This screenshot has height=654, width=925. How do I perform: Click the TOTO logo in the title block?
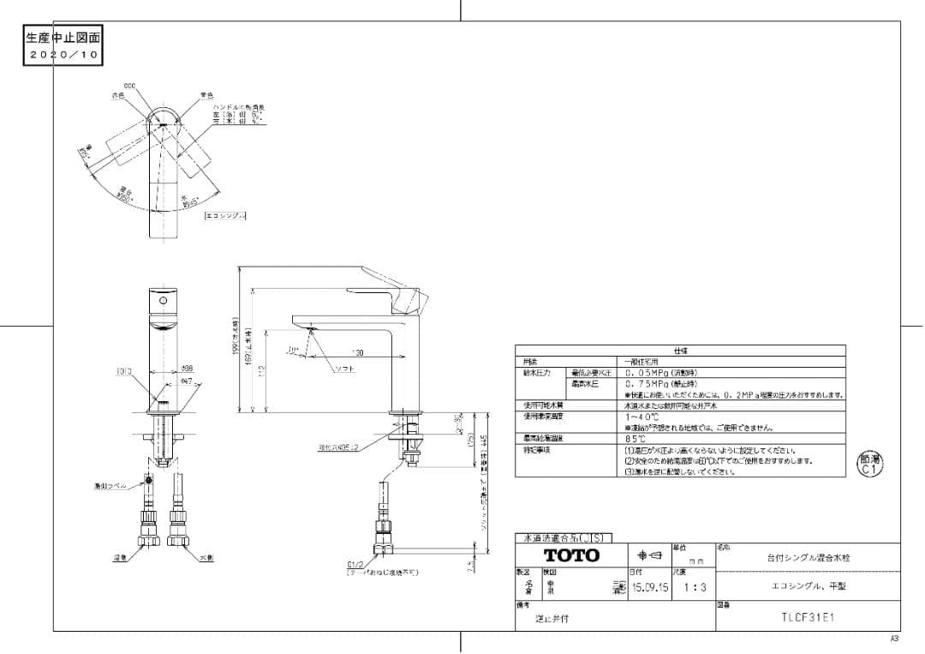point(571,555)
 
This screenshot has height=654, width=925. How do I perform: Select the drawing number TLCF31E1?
point(809,616)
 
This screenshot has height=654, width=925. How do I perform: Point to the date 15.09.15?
point(649,588)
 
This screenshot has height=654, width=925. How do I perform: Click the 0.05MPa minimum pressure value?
point(653,373)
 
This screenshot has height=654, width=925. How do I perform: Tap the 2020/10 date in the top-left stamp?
point(65,53)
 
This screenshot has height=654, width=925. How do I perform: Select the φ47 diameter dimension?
point(187,380)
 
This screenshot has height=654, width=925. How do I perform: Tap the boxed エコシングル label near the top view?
point(225,215)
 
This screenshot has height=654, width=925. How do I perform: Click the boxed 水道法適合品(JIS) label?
point(563,538)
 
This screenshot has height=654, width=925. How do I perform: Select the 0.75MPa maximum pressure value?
point(653,384)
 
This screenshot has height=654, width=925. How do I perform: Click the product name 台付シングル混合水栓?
point(808,558)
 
